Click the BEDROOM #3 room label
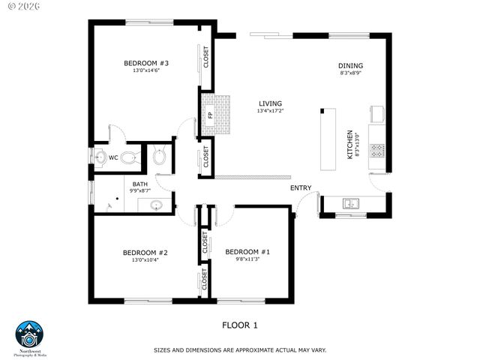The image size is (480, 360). [x=145, y=63]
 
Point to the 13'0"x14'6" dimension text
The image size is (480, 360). [x=145, y=71]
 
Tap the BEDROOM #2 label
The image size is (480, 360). [x=145, y=253]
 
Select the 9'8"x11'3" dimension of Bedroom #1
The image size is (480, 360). [x=247, y=260]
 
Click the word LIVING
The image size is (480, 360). [x=270, y=103]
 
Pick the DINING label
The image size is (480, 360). [x=350, y=66]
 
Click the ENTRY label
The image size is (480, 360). [x=301, y=187]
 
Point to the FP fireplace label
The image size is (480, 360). [x=210, y=115]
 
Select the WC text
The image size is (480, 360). [x=112, y=157]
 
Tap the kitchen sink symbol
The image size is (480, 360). [x=350, y=203]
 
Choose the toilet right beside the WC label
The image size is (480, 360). [x=130, y=157]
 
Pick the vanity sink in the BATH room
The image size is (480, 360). [x=156, y=204]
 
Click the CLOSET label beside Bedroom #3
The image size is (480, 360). [x=206, y=57]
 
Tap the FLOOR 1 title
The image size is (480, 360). [x=240, y=325]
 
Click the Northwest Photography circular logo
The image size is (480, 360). [x=30, y=335]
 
